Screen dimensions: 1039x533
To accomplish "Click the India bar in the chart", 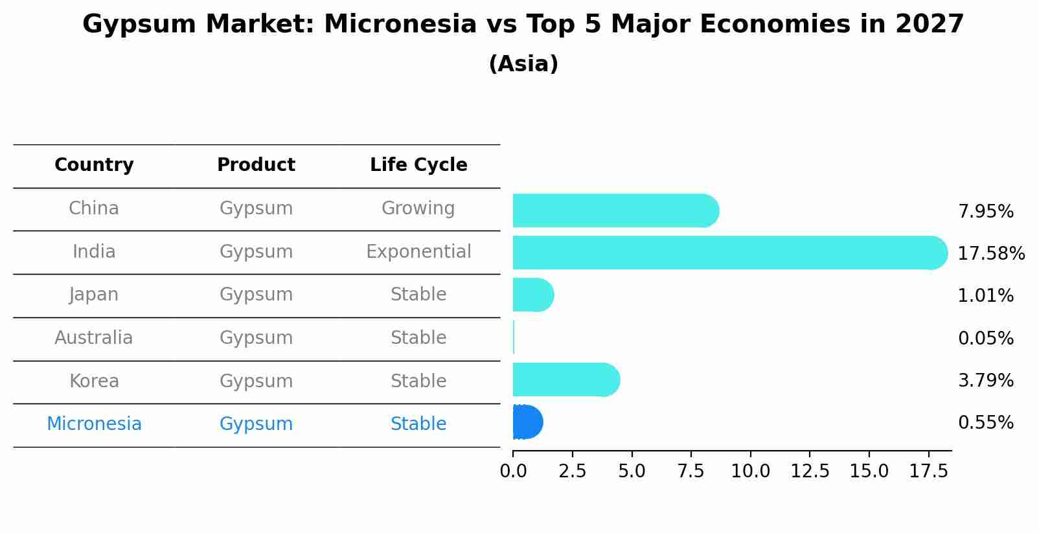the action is (x=730, y=253).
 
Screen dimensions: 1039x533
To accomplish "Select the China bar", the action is (x=616, y=210).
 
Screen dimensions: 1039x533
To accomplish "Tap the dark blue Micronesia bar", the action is (x=528, y=422).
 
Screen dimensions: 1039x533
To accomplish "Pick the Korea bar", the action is (x=566, y=380).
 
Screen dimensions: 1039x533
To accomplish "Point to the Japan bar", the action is (x=533, y=295).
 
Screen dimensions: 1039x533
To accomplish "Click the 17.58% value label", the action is (x=991, y=253).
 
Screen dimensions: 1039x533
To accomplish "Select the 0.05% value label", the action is (x=986, y=338).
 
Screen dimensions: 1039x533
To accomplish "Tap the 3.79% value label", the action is (x=986, y=380).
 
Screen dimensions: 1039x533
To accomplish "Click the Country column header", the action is (x=94, y=164).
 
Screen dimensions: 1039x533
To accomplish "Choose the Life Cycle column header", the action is (x=418, y=164).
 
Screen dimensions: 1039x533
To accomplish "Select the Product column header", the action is (x=256, y=164).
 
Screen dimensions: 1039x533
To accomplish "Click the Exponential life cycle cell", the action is (x=418, y=252).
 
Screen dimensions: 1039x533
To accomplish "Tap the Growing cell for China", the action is (x=418, y=209).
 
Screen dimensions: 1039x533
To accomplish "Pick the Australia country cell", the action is (x=94, y=337).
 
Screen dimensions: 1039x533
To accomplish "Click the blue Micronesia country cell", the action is (x=94, y=424).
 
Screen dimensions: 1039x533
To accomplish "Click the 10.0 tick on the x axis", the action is (x=751, y=471).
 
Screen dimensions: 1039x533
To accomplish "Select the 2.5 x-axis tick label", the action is (x=573, y=471).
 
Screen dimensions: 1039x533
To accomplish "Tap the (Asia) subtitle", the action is (x=523, y=63).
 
